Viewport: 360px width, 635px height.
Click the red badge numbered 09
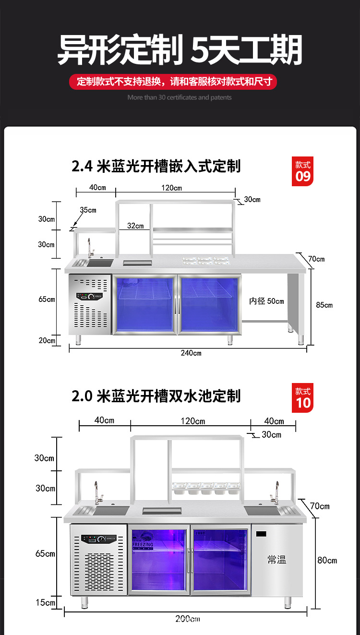[303, 171]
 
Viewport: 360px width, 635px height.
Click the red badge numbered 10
[303, 397]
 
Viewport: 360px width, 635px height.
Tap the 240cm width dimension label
[191, 353]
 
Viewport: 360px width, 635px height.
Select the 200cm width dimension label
[187, 619]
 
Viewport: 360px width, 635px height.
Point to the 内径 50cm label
[266, 301]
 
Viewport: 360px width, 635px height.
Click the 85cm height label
[324, 305]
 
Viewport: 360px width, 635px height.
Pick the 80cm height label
[327, 560]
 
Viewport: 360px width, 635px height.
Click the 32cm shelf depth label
[136, 226]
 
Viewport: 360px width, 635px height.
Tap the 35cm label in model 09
[88, 210]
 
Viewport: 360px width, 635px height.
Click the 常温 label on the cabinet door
[277, 560]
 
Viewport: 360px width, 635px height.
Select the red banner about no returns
[174, 81]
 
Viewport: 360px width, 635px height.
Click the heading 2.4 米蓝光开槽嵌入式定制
[156, 167]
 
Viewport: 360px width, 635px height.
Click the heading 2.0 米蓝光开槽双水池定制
[156, 396]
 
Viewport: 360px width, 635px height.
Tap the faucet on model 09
[89, 248]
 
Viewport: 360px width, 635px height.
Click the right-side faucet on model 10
[276, 492]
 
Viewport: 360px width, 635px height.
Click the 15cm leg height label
[45, 602]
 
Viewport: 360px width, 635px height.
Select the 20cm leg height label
[47, 341]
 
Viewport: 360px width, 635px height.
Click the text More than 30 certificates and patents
[180, 97]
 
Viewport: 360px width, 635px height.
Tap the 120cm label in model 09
[171, 187]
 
